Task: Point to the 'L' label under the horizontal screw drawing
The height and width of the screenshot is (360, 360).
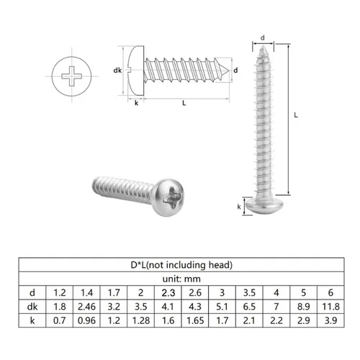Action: point(185,103)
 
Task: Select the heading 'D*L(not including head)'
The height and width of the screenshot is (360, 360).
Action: point(180,264)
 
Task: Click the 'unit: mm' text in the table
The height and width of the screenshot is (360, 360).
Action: point(180,279)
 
